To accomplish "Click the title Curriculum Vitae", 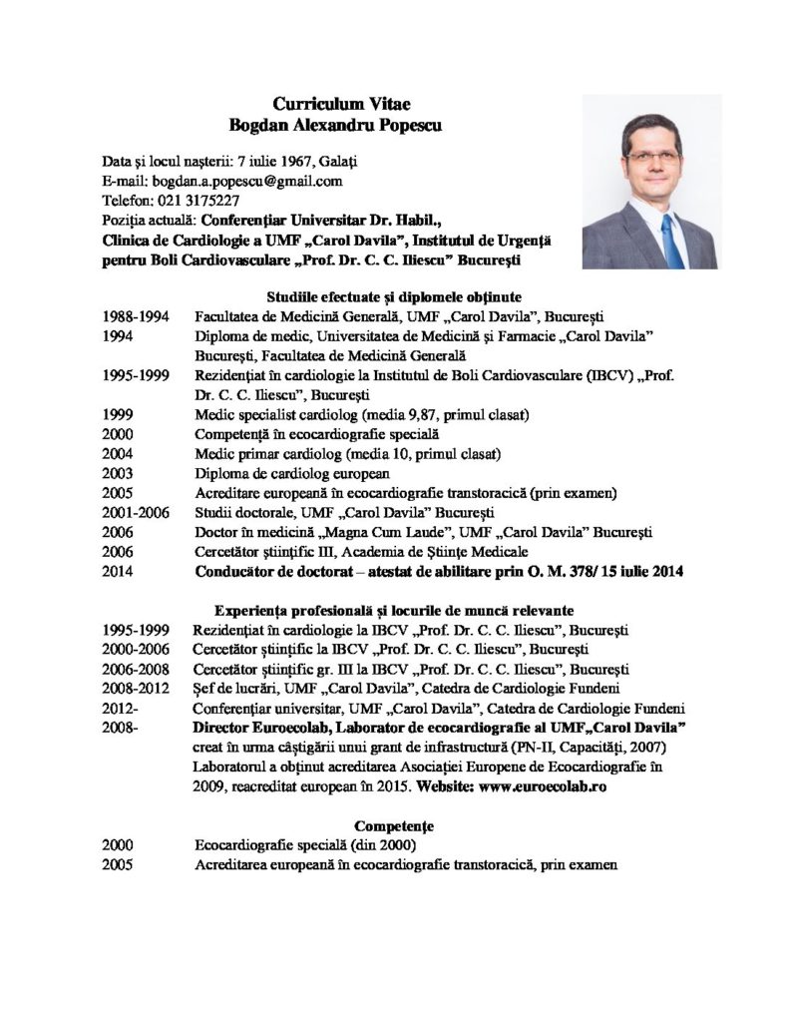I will [x=334, y=104].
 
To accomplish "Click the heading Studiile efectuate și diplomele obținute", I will [x=395, y=296].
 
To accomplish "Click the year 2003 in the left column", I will [x=119, y=473].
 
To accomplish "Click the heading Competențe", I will [x=395, y=826].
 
